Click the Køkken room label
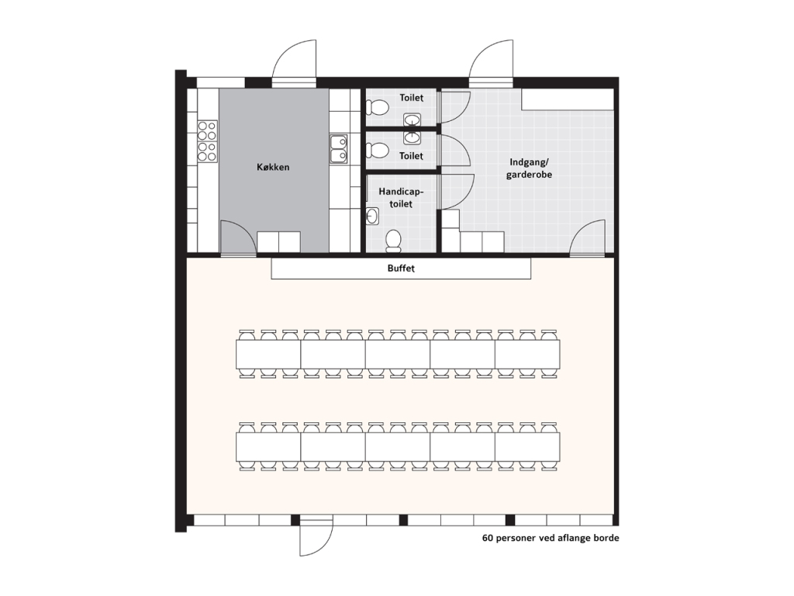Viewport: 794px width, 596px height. [273, 167]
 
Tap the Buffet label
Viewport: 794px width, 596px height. [401, 268]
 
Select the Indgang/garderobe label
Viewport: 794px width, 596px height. [529, 168]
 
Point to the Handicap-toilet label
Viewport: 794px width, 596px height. [401, 198]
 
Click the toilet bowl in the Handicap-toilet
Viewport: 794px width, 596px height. [393, 241]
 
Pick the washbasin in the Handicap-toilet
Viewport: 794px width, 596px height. [372, 216]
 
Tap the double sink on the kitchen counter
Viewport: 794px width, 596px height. [338, 149]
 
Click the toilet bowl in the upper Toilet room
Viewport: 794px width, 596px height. [377, 107]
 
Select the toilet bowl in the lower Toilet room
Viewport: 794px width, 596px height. [378, 151]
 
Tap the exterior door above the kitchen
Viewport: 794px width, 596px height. [294, 61]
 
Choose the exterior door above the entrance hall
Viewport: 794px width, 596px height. [491, 61]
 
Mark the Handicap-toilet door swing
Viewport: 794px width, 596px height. [457, 192]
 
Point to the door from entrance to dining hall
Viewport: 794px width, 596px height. [588, 237]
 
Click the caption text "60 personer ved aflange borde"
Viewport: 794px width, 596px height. [551, 538]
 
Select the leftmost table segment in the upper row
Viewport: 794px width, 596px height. [268, 354]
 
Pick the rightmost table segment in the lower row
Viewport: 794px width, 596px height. [527, 446]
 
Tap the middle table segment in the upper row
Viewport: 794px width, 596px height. [398, 354]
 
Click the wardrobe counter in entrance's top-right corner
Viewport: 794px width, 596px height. [568, 99]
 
